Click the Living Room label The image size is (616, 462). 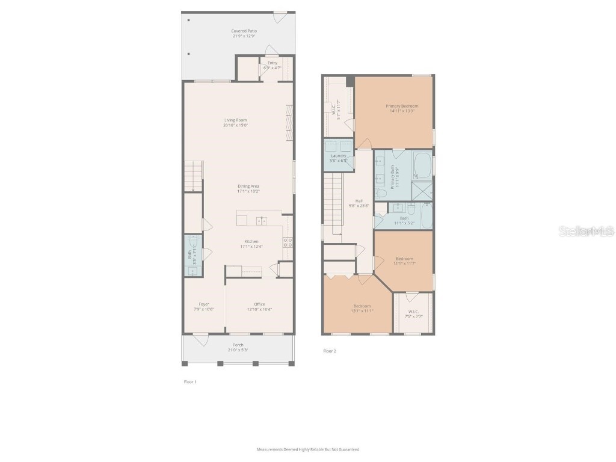[x=235, y=120]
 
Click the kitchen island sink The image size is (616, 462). [x=262, y=221]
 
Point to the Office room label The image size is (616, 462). [x=259, y=304]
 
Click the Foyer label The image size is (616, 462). [x=204, y=304]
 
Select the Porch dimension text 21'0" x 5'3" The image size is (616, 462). [x=238, y=350]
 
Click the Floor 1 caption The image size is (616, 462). [x=190, y=381]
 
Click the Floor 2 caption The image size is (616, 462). [x=329, y=351]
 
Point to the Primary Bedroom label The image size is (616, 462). [x=402, y=106]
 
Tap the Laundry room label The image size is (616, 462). [x=339, y=156]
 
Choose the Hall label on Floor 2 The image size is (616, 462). [x=359, y=201]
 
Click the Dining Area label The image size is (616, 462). [x=248, y=186]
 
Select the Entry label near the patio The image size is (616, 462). [x=273, y=63]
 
